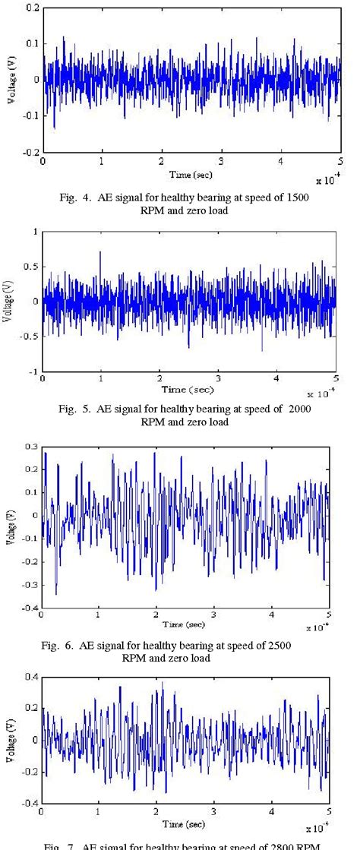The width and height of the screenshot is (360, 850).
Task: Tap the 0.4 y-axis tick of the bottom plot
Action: click(x=31, y=676)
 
